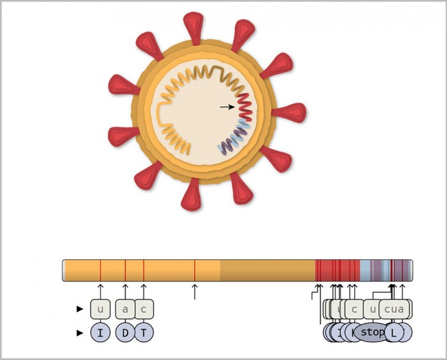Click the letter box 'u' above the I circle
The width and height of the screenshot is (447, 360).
100,310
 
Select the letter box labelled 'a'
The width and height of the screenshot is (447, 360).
126,310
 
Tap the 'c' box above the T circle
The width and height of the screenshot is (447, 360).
144,310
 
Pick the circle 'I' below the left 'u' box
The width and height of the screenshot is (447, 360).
100,332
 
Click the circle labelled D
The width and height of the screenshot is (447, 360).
126,332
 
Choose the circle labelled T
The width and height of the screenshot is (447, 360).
144,332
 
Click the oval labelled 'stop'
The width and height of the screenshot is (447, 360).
373,332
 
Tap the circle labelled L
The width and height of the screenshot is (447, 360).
393,332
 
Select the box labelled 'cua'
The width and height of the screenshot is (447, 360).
394,310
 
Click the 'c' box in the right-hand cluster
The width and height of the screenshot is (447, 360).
354,310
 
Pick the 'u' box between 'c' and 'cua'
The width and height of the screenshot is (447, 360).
372,310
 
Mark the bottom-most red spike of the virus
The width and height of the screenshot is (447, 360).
191,195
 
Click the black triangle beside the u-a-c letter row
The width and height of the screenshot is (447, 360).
80,310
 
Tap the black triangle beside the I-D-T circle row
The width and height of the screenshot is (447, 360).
80,332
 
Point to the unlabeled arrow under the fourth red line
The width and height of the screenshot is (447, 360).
195,291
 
